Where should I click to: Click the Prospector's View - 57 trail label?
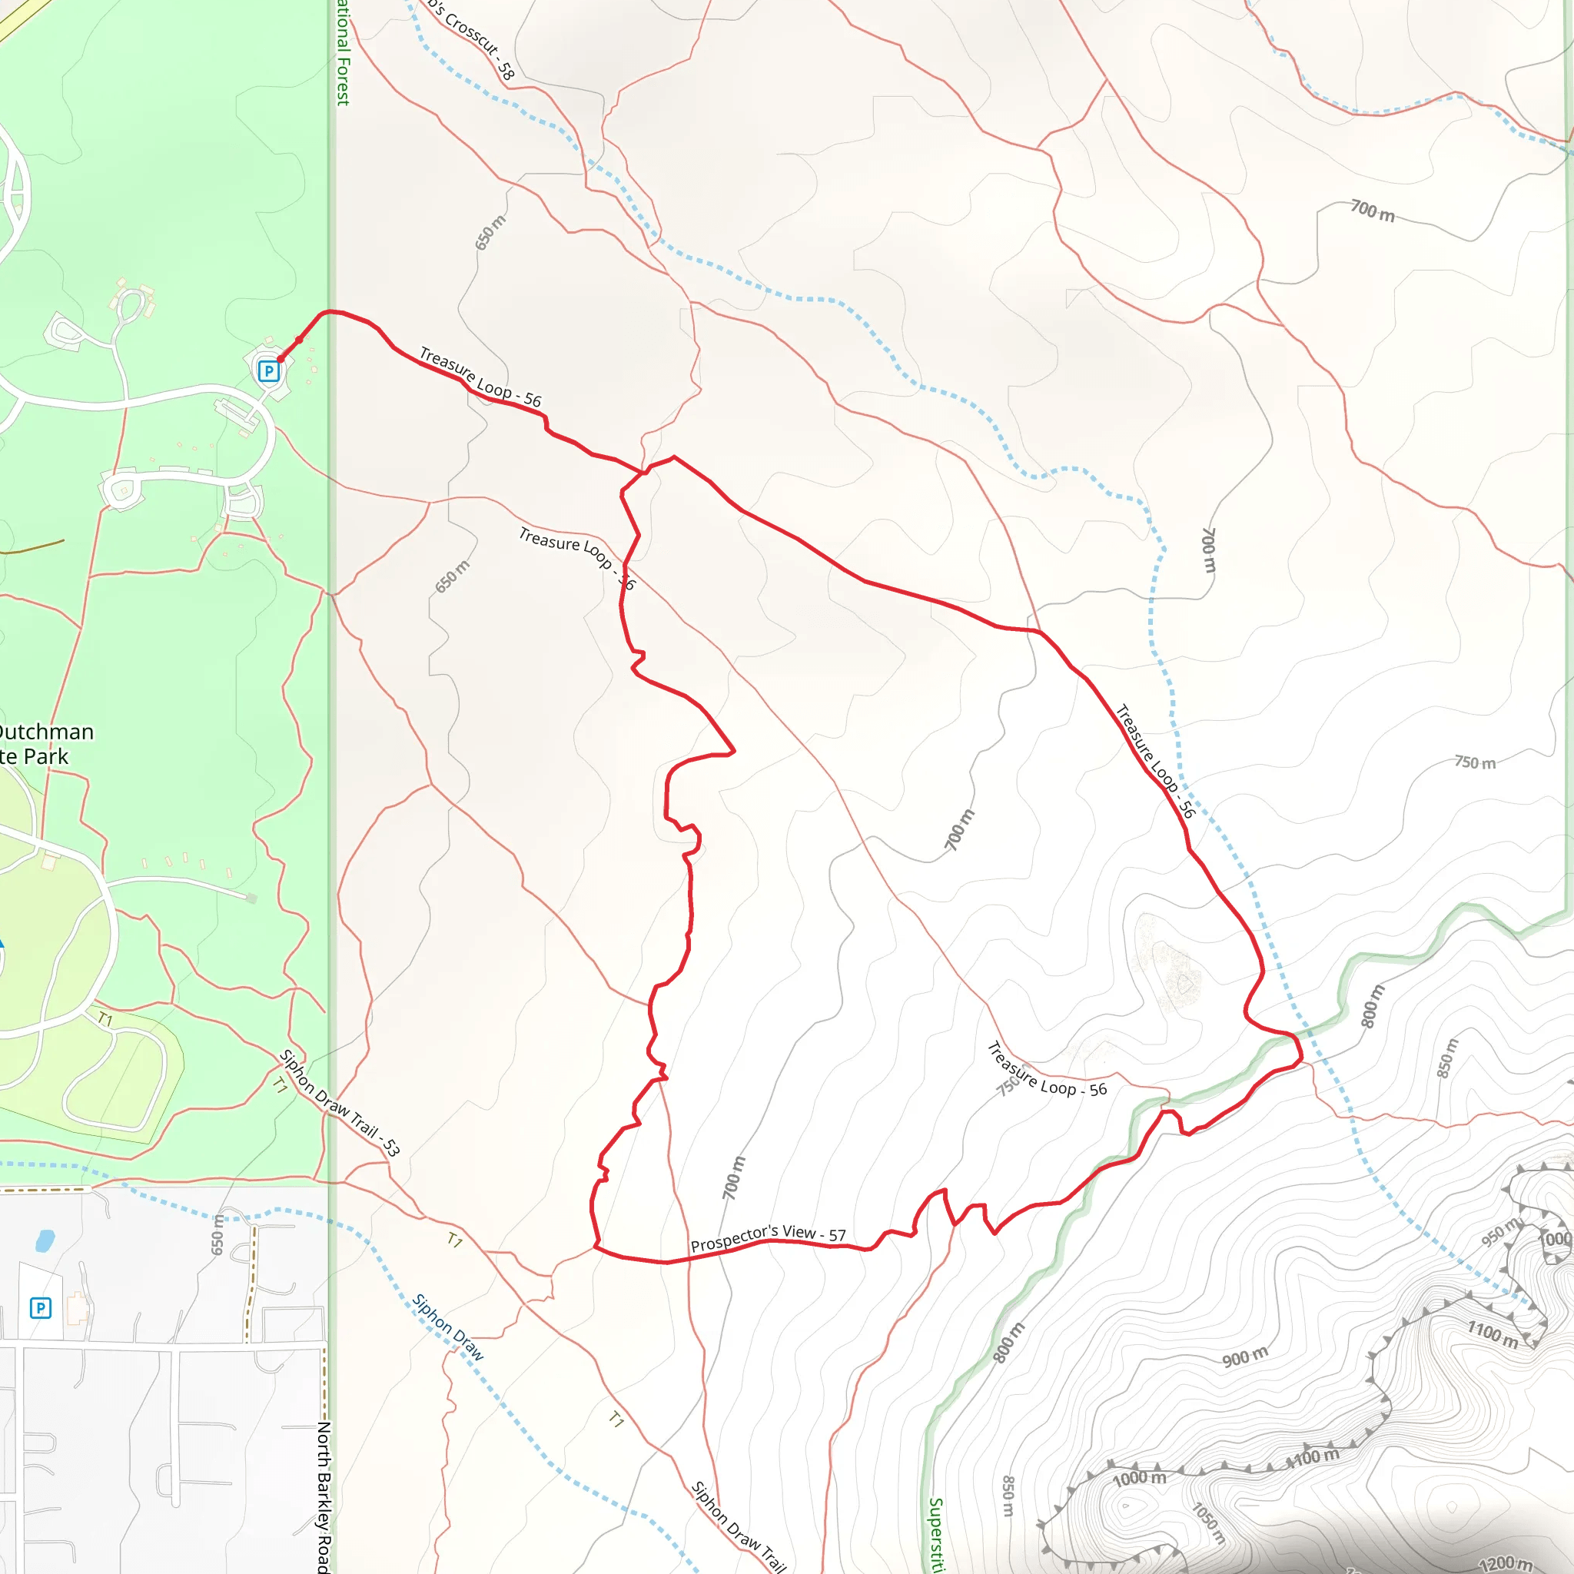pos(768,1237)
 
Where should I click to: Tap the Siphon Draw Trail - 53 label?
pos(339,1103)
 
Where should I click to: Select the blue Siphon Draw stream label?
pos(448,1327)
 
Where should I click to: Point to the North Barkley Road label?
pos(324,1496)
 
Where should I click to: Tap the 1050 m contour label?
pos(1209,1523)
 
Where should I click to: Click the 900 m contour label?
pos(1245,1357)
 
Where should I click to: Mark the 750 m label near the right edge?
pos(1476,762)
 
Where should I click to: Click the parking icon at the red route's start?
pos(268,371)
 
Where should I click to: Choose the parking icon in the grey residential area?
pos(40,1308)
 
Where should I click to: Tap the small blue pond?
pos(45,1240)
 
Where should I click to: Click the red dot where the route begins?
pos(281,358)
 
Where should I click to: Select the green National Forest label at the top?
pos(343,54)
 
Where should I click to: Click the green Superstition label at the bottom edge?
pos(936,1536)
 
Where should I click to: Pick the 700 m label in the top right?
pos(1373,211)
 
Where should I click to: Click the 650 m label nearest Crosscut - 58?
pos(490,232)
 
